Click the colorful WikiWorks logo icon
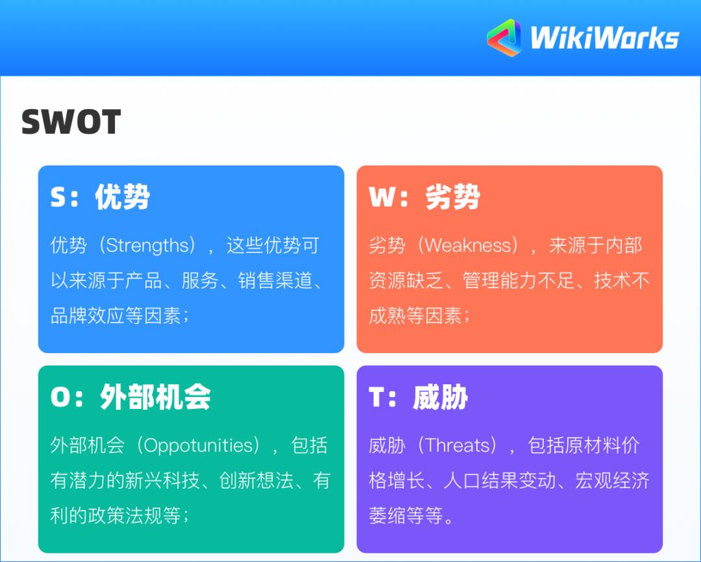tap(504, 38)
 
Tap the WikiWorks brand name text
tap(604, 38)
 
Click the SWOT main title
tap(71, 122)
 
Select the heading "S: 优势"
tap(100, 197)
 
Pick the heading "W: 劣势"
tap(424, 197)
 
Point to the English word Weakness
tap(468, 246)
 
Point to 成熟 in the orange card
tap(387, 316)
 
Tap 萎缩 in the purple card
tap(387, 516)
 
